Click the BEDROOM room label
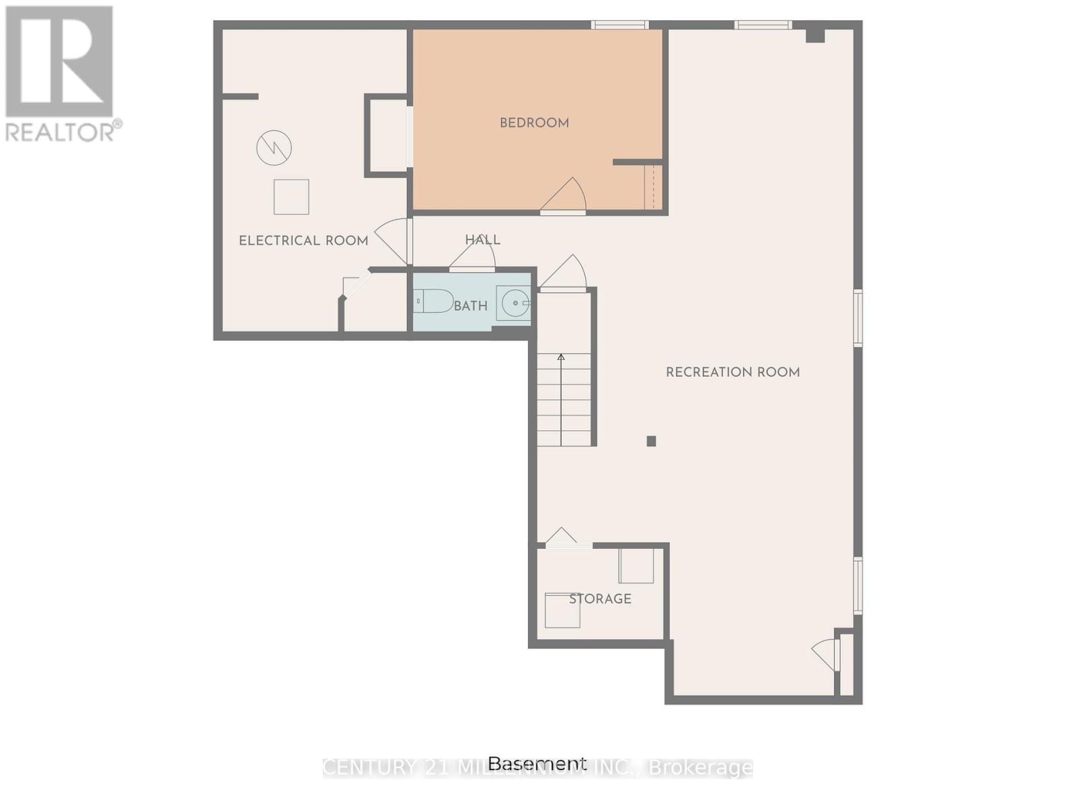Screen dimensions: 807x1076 coord(534,123)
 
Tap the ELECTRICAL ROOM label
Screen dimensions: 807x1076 coord(303,241)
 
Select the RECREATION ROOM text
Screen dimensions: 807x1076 coord(732,373)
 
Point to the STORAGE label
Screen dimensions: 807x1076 coord(600,599)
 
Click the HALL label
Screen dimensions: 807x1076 coord(482,240)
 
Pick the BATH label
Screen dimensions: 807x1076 coord(470,307)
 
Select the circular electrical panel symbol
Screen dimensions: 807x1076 coord(274,147)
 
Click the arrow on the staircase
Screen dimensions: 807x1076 coord(561,358)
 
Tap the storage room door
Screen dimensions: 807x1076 coord(562,538)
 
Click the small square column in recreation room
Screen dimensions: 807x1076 coord(651,441)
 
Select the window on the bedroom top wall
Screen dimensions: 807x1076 coord(619,26)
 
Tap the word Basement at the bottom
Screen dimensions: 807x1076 coord(537,764)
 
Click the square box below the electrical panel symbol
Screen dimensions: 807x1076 coord(291,197)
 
